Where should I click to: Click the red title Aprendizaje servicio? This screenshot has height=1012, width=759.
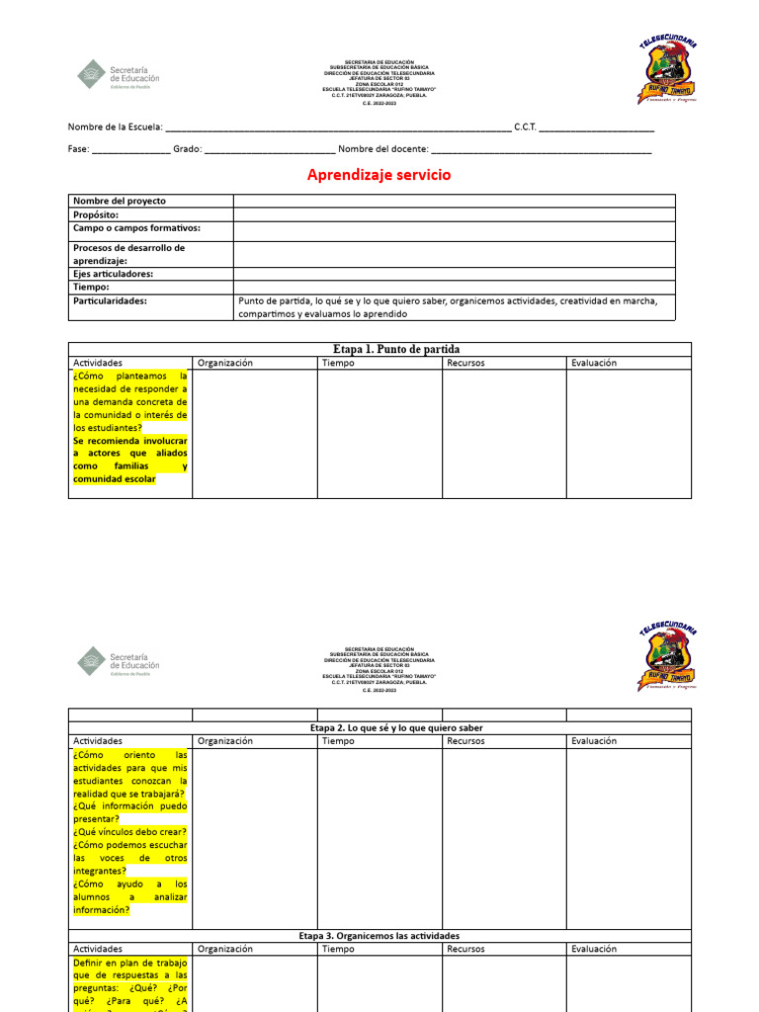[x=379, y=175]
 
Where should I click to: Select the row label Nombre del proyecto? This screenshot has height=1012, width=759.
[x=120, y=201]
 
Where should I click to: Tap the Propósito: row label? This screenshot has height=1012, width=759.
[x=96, y=214]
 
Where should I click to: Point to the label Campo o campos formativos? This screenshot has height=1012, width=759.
[x=136, y=228]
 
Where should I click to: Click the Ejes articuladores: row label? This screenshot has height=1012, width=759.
[x=113, y=274]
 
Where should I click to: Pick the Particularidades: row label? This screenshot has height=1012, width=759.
[x=110, y=300]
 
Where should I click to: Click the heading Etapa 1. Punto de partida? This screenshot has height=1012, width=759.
[x=396, y=349]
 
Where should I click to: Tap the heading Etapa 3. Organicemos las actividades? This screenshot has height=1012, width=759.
[x=379, y=935]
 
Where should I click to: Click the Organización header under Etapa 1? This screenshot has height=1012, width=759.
[x=225, y=363]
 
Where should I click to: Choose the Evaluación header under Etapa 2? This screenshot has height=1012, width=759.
[x=593, y=740]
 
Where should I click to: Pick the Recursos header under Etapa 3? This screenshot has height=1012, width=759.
[x=465, y=949]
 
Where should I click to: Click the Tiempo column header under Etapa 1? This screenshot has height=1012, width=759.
[x=338, y=363]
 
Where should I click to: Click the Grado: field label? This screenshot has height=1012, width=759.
[x=188, y=148]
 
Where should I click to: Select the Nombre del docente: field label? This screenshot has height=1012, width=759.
[x=383, y=148]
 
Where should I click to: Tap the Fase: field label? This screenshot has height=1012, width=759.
[x=78, y=148]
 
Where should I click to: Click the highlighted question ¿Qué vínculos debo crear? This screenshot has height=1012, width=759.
[x=129, y=832]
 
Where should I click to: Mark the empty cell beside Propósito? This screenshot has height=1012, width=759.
[x=455, y=214]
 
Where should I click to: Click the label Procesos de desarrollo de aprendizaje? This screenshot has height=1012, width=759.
[x=129, y=254]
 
